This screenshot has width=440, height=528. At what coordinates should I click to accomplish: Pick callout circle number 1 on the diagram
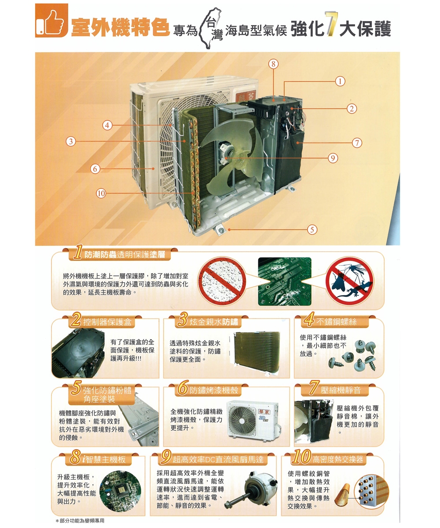point(339,81)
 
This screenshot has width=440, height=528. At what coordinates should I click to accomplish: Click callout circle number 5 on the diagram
point(312,229)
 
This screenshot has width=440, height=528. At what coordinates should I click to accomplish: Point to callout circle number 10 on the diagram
point(101,192)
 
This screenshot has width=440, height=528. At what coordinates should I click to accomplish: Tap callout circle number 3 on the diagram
point(70,141)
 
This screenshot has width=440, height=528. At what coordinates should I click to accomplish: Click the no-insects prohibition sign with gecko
point(349,282)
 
